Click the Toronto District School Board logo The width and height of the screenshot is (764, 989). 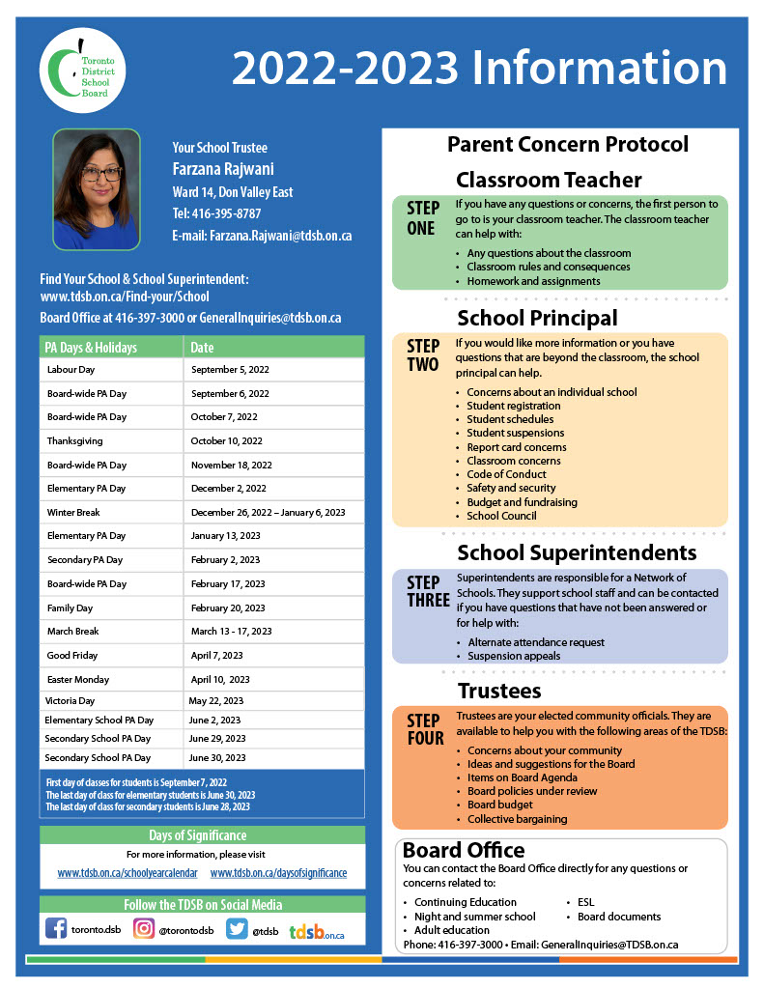(x=83, y=70)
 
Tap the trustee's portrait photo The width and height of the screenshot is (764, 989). (x=96, y=189)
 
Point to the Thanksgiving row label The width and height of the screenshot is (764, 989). (x=74, y=441)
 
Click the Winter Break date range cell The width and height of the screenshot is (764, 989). (x=268, y=512)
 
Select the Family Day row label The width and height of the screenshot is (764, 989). (x=70, y=608)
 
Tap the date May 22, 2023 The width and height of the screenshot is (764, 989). (x=216, y=701)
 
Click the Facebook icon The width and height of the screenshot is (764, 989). (x=56, y=929)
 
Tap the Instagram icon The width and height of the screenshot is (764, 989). (x=144, y=929)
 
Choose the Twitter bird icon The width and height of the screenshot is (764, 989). (x=237, y=929)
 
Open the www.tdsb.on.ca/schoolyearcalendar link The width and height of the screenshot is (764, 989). (x=127, y=873)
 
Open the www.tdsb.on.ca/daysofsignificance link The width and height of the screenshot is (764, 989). (x=278, y=873)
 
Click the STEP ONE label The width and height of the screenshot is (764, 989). (x=421, y=218)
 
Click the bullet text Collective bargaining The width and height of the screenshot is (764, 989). (x=518, y=819)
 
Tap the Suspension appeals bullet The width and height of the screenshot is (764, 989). (x=514, y=656)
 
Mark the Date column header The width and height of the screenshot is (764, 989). (x=203, y=348)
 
